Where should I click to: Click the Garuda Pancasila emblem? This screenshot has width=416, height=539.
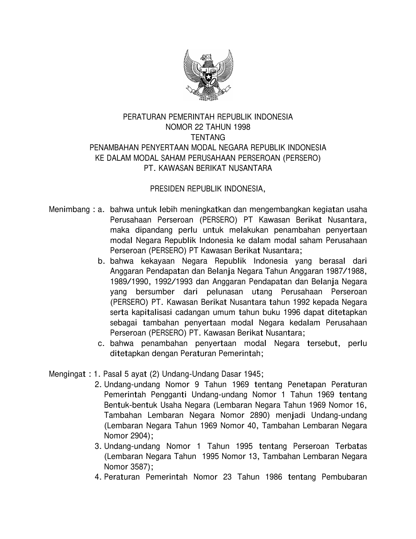point(208,75)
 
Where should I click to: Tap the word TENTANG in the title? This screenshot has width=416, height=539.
point(208,138)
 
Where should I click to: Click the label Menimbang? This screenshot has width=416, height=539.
point(67,209)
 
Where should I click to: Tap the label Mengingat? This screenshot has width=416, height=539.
point(67,374)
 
